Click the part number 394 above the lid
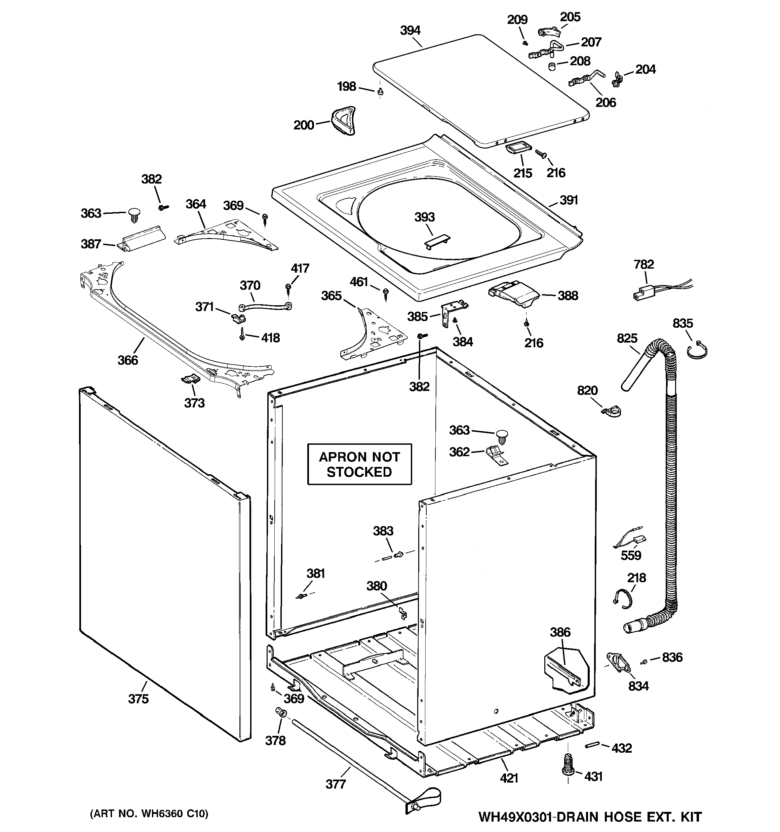coord(410,31)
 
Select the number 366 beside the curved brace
coord(128,360)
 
